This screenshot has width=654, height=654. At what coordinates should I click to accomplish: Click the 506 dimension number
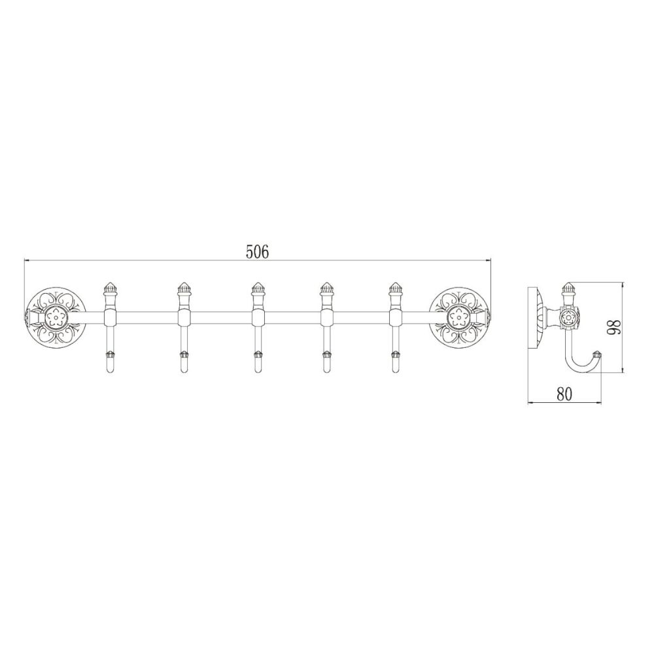(x=257, y=252)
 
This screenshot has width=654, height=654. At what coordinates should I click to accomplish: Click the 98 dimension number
(x=613, y=327)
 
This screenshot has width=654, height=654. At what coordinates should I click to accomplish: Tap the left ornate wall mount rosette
(x=56, y=318)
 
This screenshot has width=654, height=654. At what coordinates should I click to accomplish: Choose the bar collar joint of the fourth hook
(x=325, y=318)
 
